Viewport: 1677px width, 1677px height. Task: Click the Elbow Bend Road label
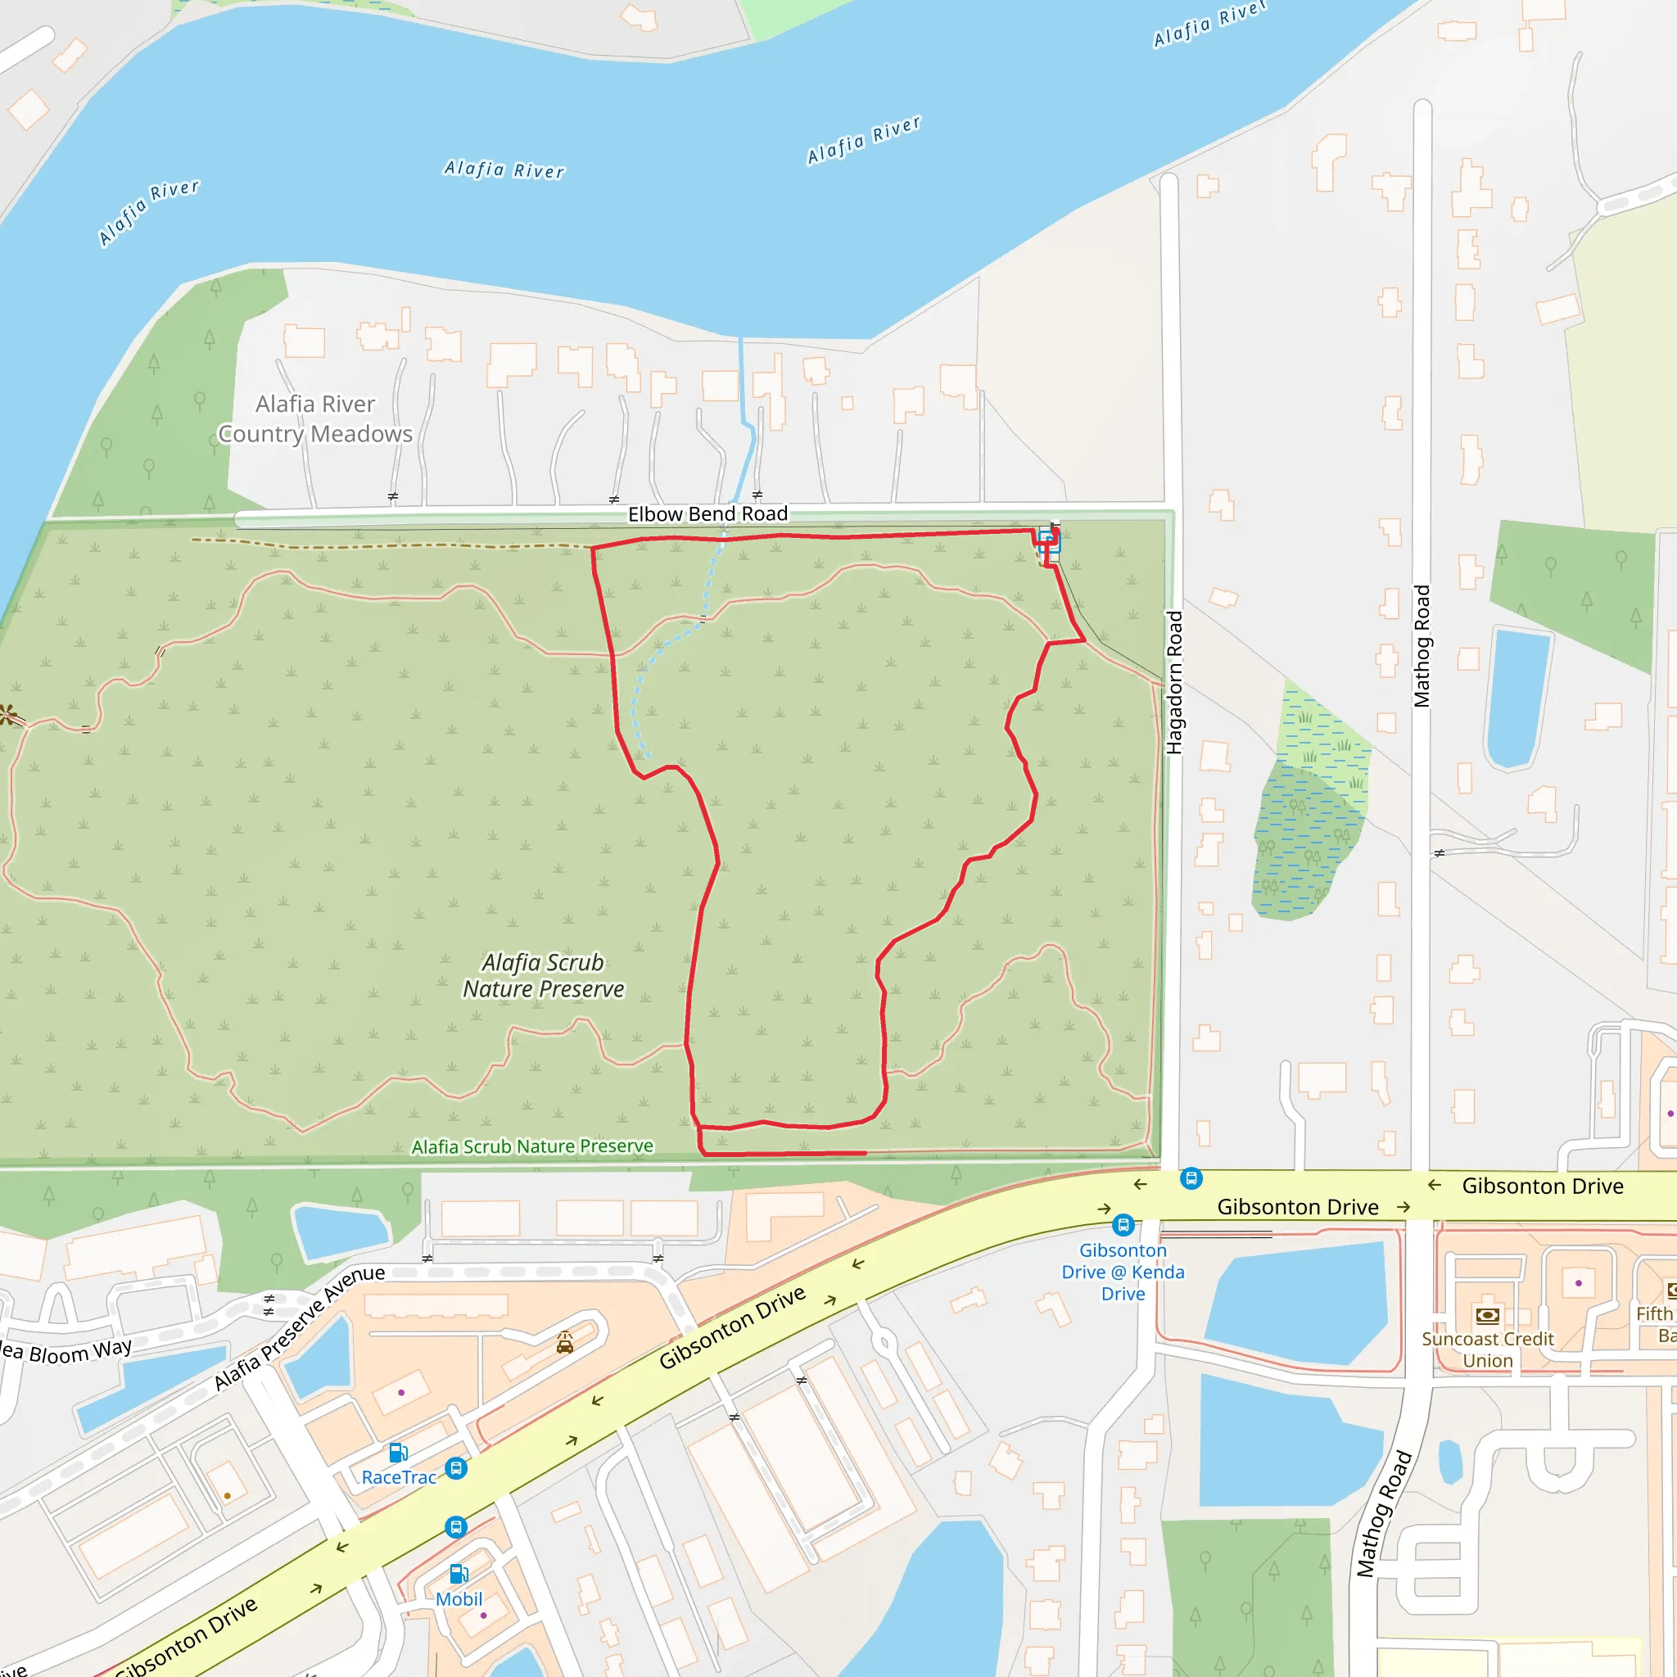(x=707, y=514)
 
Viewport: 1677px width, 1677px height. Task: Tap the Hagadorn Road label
(x=1174, y=683)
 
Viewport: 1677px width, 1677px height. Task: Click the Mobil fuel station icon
(x=459, y=1575)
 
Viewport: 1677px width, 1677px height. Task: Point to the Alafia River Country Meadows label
(x=315, y=419)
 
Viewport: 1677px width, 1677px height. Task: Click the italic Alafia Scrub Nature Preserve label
(x=544, y=975)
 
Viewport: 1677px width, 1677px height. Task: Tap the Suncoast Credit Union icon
(x=1487, y=1316)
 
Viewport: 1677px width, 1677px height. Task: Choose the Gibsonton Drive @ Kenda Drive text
(x=1123, y=1272)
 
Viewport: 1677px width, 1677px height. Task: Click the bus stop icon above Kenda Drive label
(x=1123, y=1225)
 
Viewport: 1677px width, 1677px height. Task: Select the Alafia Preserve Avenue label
(x=299, y=1333)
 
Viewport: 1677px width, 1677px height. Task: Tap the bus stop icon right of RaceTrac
(x=456, y=1469)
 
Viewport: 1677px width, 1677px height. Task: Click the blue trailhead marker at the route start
(x=1047, y=543)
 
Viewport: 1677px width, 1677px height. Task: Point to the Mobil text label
(x=459, y=1599)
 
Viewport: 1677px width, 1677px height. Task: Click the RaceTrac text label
(x=399, y=1477)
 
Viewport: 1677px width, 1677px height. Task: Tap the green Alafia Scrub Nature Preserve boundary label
(x=532, y=1146)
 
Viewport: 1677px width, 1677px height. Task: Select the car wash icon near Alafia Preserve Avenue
(x=565, y=1344)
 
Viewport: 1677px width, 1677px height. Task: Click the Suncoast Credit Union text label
(x=1487, y=1349)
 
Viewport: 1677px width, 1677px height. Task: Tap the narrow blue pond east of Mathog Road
(x=1518, y=698)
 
